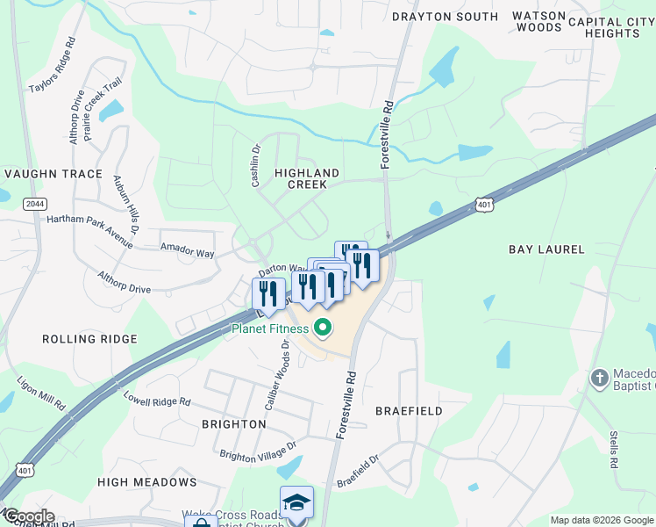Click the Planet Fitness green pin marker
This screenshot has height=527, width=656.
pyautogui.click(x=323, y=329)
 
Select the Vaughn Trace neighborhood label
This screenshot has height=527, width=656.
pyautogui.click(x=52, y=175)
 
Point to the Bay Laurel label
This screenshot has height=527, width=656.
pyautogui.click(x=546, y=249)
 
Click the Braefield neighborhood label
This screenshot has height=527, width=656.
pyautogui.click(x=409, y=411)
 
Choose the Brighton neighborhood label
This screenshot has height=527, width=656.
pyautogui.click(x=233, y=424)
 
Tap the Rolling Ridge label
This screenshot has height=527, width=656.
pyautogui.click(x=90, y=339)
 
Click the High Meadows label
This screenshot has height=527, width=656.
pyautogui.click(x=147, y=482)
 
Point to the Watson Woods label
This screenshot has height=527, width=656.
pyautogui.click(x=538, y=22)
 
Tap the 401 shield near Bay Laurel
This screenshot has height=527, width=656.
pyautogui.click(x=484, y=205)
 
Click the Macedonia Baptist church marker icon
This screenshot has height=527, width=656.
pyautogui.click(x=599, y=379)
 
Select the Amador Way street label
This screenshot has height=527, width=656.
pyautogui.click(x=187, y=252)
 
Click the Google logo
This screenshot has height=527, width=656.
pyautogui.click(x=28, y=516)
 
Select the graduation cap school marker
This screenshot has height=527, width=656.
pyautogui.click(x=296, y=502)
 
